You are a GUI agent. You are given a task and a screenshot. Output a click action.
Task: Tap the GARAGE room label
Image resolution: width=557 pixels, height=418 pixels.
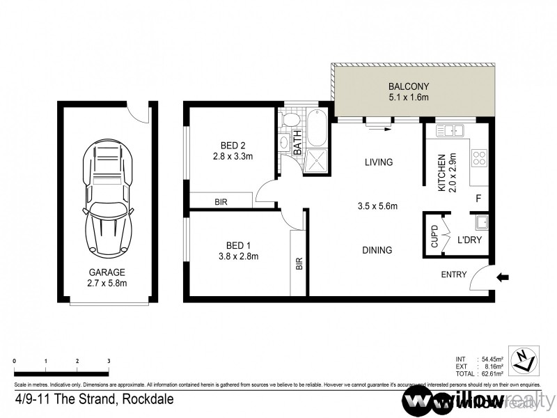tap(107, 272)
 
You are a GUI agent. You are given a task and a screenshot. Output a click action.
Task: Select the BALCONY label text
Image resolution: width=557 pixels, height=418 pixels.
tap(409, 86)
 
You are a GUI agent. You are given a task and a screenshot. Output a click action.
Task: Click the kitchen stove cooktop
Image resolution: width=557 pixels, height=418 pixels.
tap(479, 158)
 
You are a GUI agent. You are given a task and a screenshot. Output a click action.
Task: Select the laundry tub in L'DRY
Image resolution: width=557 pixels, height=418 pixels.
tap(480, 223)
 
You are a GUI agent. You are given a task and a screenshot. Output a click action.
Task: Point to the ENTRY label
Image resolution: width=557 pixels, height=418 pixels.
tap(454, 274)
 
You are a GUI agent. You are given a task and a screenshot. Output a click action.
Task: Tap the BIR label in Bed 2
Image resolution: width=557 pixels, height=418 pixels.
tap(221, 202)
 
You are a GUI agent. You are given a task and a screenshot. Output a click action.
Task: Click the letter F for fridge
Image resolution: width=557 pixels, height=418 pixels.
tap(478, 199)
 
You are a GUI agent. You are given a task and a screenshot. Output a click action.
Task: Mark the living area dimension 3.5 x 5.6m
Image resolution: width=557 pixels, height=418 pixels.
tap(377, 206)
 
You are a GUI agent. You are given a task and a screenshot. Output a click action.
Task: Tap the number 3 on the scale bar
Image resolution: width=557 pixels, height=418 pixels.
tap(109, 361)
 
